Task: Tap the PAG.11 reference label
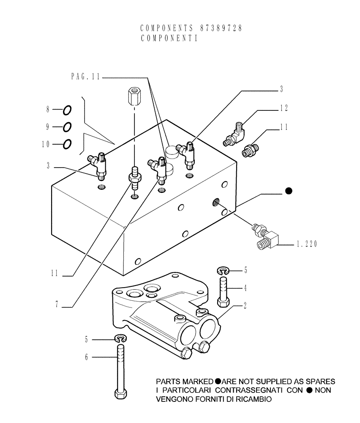tap(85, 77)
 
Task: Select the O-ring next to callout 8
tap(67, 110)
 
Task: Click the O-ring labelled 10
tap(67, 145)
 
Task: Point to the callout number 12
tap(284, 109)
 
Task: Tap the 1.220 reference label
tap(306, 244)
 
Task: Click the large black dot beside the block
tap(289, 191)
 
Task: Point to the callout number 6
tap(87, 357)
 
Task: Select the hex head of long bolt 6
tap(120, 393)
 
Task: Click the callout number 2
tap(245, 305)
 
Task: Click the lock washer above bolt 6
tap(120, 338)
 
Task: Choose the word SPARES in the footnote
tap(317, 381)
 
